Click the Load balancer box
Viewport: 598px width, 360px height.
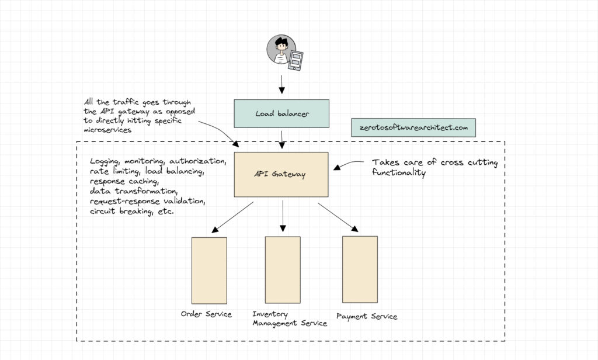(x=281, y=113)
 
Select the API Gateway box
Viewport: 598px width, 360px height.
(x=281, y=174)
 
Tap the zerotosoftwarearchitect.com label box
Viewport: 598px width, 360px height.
(x=413, y=128)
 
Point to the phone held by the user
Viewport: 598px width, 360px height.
(x=297, y=60)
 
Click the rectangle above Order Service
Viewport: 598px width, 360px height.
(x=209, y=270)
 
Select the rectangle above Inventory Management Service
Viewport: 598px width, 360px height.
(x=283, y=270)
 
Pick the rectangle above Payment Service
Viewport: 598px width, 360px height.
(x=360, y=269)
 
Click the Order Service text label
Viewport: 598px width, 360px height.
(x=206, y=314)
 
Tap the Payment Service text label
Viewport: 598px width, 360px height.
(x=367, y=316)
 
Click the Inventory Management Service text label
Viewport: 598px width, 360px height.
(x=290, y=319)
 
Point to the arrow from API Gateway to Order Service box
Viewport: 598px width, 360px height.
(x=232, y=216)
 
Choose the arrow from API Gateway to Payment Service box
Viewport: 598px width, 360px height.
(x=338, y=217)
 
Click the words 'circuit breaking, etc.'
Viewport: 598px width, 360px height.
(x=132, y=211)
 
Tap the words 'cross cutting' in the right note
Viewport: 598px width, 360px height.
(x=471, y=163)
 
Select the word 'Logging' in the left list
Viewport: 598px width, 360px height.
(x=105, y=161)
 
